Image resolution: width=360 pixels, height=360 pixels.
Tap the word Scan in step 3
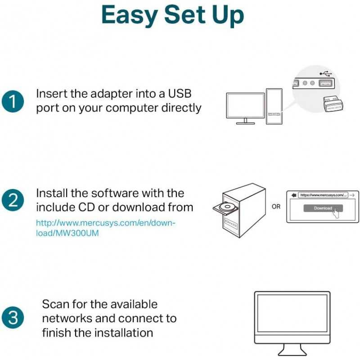coord(56,304)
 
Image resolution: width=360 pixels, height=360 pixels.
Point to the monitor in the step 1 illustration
coord(245,106)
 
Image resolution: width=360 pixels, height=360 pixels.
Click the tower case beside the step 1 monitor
coord(274,106)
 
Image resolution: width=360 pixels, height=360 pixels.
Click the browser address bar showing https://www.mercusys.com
coord(323,195)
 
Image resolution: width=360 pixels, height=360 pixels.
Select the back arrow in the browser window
coord(293,195)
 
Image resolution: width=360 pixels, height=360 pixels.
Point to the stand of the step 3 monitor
coord(292,350)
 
